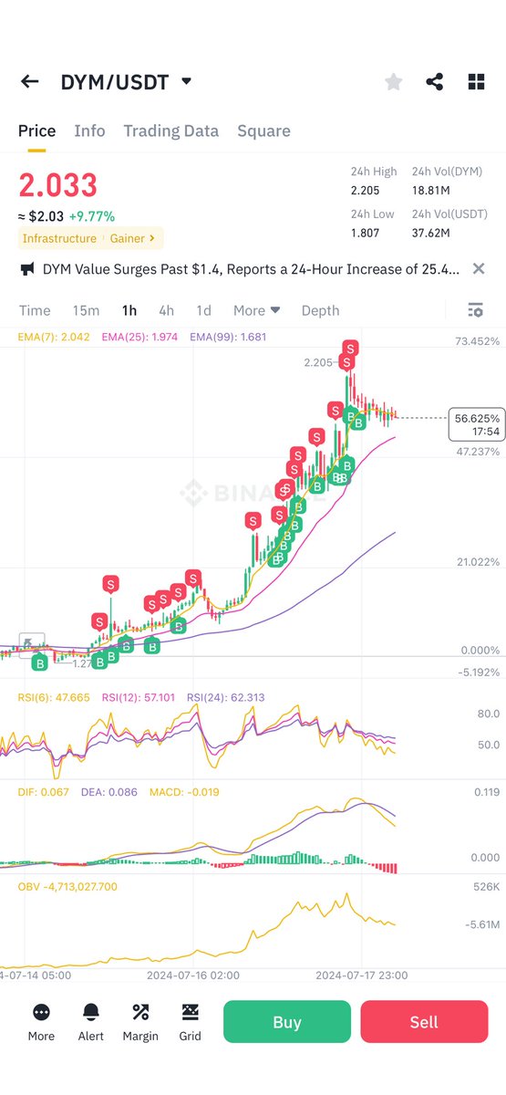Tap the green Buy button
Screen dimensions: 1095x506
click(x=286, y=1022)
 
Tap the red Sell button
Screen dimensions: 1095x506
click(x=423, y=1022)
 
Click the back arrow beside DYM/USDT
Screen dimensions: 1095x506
click(x=30, y=82)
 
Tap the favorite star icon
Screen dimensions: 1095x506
click(x=393, y=82)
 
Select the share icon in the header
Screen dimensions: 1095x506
click(x=435, y=82)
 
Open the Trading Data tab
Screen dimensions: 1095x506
click(x=170, y=130)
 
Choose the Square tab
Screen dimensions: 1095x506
click(x=263, y=130)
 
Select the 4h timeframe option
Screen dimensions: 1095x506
click(x=166, y=310)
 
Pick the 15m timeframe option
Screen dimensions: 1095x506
click(x=86, y=310)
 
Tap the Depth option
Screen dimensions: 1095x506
click(x=320, y=310)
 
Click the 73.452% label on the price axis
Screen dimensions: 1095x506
click(x=476, y=341)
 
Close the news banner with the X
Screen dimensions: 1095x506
click(x=479, y=269)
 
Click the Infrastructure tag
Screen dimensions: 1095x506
click(x=59, y=238)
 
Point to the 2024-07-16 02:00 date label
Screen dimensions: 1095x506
click(x=193, y=975)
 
